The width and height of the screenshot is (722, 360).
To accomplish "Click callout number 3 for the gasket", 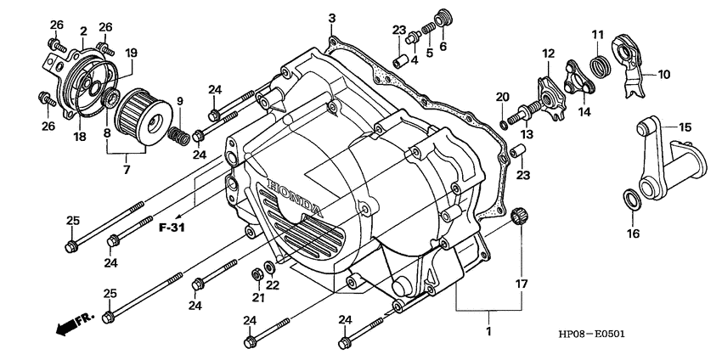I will coord(332,18).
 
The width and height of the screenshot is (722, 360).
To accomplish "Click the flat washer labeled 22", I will coord(269,268).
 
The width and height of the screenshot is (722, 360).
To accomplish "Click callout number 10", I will coord(663,74).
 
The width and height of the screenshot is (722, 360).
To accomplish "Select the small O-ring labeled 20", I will coord(505,125).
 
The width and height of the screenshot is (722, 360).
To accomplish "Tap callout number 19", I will coord(131,53).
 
